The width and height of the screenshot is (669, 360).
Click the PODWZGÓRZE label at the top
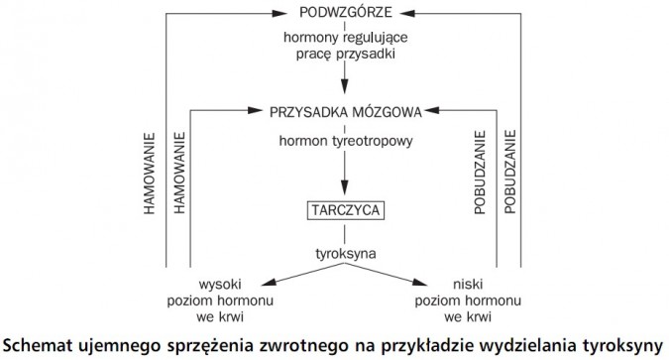[343, 13]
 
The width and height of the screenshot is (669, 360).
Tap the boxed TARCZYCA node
[343, 210]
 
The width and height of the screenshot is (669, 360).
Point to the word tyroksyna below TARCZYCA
[343, 253]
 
